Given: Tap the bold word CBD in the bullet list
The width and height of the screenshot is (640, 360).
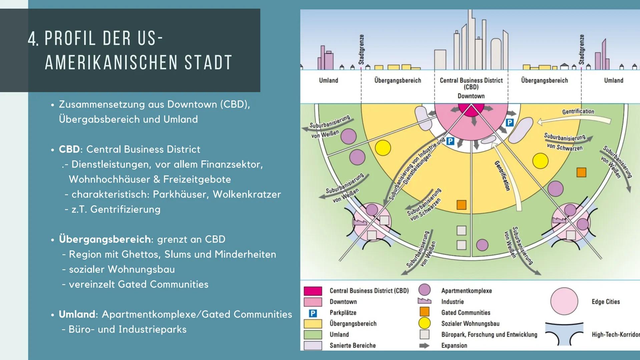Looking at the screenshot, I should pyautogui.click(x=69, y=149).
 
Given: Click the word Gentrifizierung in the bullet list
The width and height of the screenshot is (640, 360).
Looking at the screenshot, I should pyautogui.click(x=125, y=209).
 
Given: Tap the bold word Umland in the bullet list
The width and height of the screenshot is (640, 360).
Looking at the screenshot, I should pyautogui.click(x=77, y=314).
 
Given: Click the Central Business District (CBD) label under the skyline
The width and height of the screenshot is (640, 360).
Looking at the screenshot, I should pyautogui.click(x=471, y=84).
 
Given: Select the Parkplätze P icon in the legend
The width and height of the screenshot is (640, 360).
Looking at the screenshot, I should pyautogui.click(x=313, y=313).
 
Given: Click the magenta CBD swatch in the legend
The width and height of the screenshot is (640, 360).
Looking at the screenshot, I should pyautogui.click(x=313, y=291).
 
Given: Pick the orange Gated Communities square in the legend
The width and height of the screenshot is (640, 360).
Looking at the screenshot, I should pyautogui.click(x=424, y=312).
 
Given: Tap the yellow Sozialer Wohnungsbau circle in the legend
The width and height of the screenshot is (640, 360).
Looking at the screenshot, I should pyautogui.click(x=424, y=323).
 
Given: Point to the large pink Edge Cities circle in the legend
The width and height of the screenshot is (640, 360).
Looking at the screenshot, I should pyautogui.click(x=564, y=301).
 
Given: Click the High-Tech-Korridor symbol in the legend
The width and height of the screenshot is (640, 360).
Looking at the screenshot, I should pyautogui.click(x=564, y=334).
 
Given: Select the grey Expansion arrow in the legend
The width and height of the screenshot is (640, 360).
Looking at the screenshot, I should pyautogui.click(x=424, y=346).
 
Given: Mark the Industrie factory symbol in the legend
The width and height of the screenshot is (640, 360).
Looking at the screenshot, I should pyautogui.click(x=424, y=301).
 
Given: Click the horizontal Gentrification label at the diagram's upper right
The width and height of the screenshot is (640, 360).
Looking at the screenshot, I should pyautogui.click(x=578, y=111).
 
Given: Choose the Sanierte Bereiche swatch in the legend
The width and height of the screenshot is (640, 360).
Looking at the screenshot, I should pyautogui.click(x=313, y=345).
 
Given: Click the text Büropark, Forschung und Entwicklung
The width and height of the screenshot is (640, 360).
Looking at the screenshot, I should pyautogui.click(x=489, y=335).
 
